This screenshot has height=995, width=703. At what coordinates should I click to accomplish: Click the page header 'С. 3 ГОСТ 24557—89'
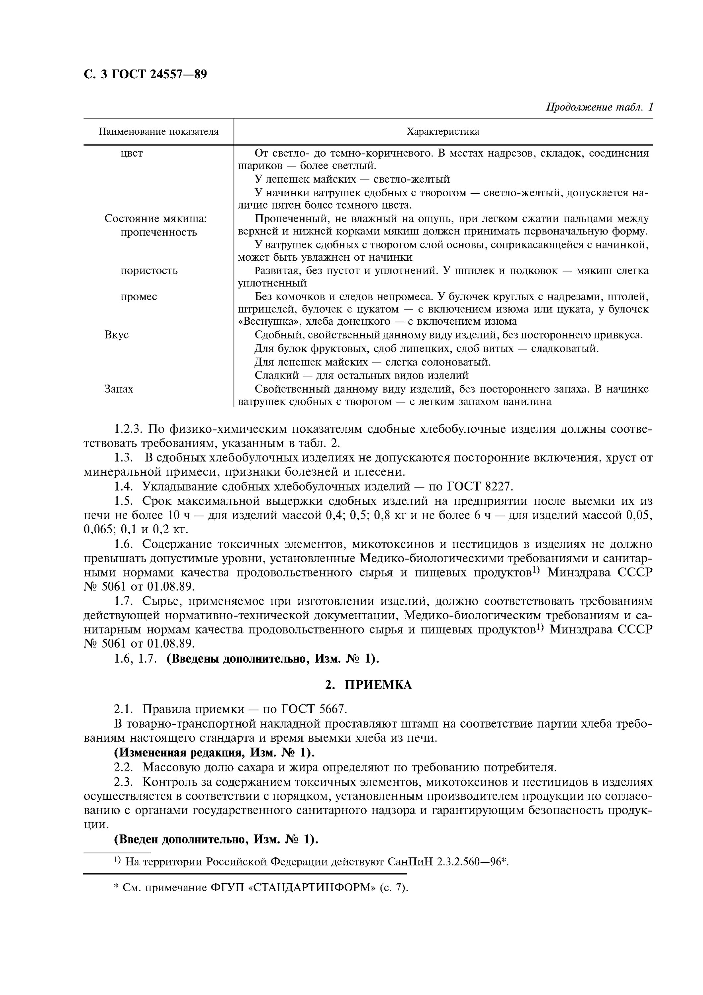coord(145,75)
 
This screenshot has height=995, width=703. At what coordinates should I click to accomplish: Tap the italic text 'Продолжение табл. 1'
coord(599,107)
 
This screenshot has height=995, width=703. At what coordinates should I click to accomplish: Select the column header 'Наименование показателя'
coord(158,132)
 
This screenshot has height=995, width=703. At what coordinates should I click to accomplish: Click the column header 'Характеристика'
coord(443,132)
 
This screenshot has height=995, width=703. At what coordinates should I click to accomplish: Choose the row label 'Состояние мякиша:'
coord(155,219)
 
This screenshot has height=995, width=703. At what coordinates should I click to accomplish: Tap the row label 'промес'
coord(139,297)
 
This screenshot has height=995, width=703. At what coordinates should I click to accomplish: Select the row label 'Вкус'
coord(117,335)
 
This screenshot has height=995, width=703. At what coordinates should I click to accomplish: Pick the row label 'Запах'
coord(119,389)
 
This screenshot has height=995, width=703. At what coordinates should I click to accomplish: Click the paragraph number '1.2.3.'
coord(128,430)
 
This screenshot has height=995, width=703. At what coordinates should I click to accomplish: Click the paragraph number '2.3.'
coord(126,782)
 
